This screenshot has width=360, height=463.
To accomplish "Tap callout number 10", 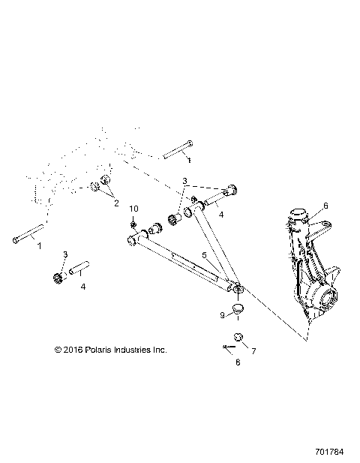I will tap(134, 208).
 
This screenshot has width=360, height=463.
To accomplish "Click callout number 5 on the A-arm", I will tap(203, 254).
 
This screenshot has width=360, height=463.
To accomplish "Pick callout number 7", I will tap(253, 350).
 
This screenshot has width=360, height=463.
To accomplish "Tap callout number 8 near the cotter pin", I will tap(238, 362).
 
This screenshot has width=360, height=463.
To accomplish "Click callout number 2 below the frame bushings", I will tap(115, 203).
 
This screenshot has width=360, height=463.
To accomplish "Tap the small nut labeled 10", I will tap(133, 224).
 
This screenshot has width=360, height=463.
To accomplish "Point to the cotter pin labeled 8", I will tap(229, 346).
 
